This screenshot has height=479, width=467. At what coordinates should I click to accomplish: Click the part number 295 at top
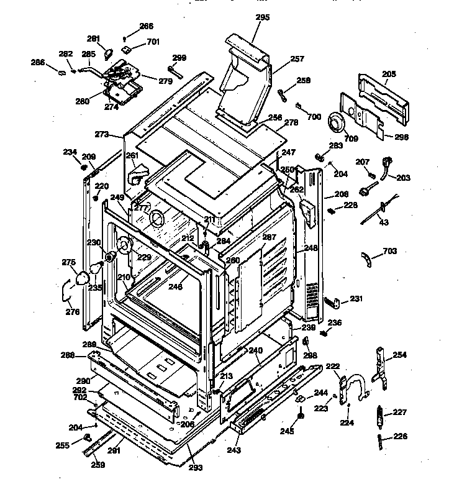pos(263,17)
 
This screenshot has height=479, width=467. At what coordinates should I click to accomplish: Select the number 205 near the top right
pos(389,74)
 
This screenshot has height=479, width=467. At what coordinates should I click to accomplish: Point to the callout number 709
pos(351,139)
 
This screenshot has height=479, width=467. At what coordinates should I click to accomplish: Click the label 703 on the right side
pos(389,251)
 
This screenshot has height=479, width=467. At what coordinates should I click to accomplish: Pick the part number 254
pos(400,355)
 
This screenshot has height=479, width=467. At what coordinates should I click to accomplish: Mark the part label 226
pos(401,436)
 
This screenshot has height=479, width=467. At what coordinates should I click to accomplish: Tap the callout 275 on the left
pos(68,262)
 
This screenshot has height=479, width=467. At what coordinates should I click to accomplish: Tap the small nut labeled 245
pos(301,416)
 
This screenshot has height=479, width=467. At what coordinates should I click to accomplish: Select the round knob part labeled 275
pos(81,278)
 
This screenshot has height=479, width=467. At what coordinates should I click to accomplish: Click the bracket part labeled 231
pos(333,303)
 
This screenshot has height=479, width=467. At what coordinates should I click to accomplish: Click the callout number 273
pos(102,134)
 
